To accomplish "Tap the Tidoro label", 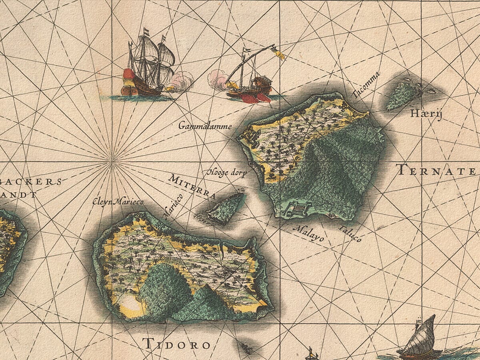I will pyautogui.click(x=176, y=344).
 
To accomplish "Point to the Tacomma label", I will pyautogui.click(x=366, y=85).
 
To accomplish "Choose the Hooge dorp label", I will pyautogui.click(x=226, y=173).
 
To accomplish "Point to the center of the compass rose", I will pyautogui.click(x=113, y=160).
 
